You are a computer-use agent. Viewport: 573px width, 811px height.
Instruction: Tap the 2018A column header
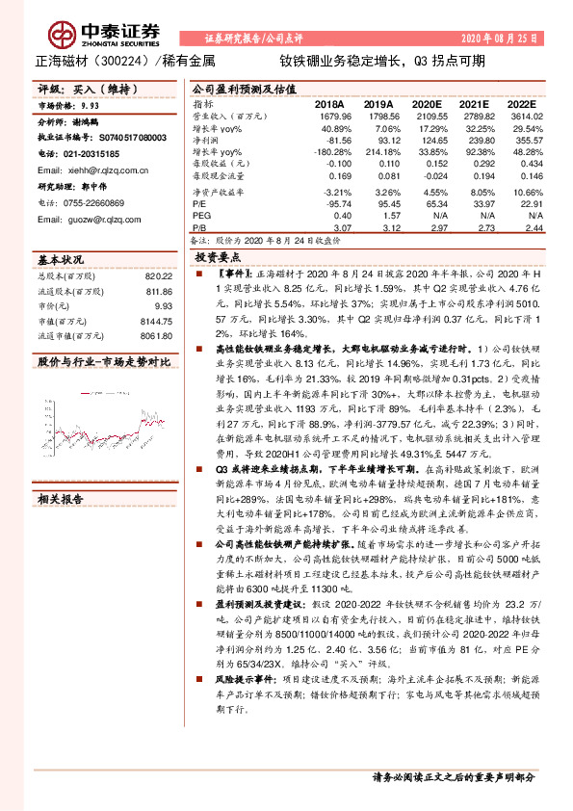point(328,104)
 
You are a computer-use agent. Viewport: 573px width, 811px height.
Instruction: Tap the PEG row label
point(201,216)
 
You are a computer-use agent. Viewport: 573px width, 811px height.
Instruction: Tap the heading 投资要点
point(218,259)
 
